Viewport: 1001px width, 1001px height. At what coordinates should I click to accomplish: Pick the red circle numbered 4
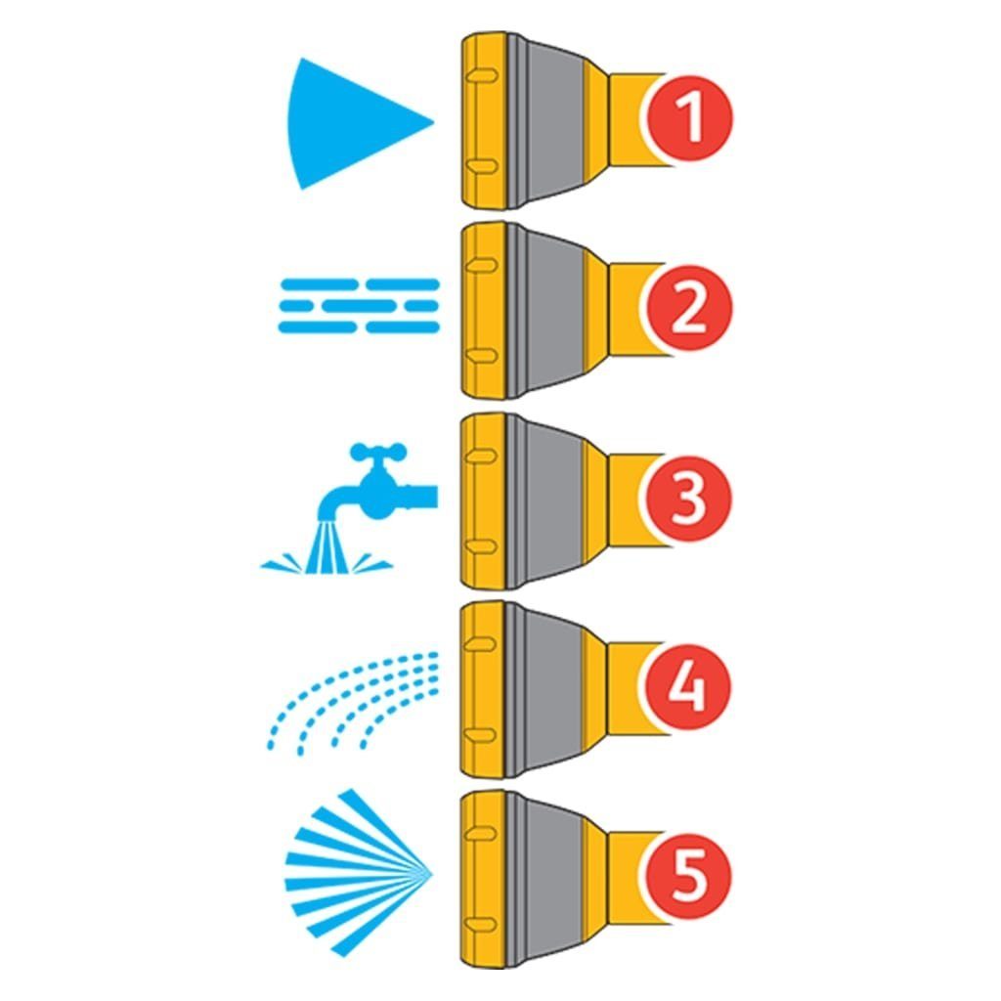(x=688, y=687)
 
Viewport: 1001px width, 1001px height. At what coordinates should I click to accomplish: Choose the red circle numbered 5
(x=688, y=876)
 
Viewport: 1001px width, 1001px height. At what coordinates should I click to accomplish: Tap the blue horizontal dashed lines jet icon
(x=359, y=306)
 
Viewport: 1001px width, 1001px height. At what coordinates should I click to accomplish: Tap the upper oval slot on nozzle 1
(x=482, y=76)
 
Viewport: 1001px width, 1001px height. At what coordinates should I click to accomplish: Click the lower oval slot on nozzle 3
(x=482, y=546)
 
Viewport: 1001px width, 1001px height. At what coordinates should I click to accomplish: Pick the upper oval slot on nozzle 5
(x=482, y=833)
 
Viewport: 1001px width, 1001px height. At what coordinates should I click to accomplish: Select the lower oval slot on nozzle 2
(x=482, y=356)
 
